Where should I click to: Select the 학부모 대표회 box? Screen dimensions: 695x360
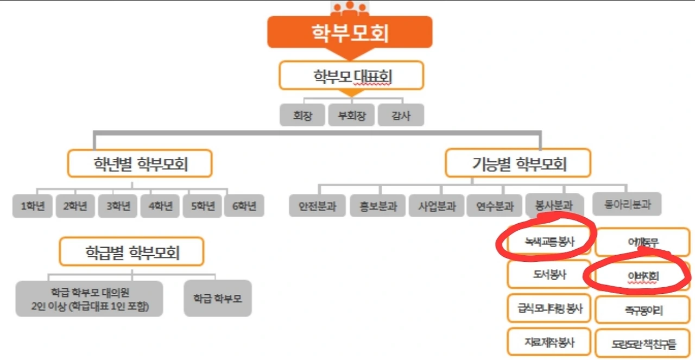[351, 75]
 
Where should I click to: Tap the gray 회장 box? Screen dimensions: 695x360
[302, 115]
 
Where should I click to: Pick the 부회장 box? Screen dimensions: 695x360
[351, 115]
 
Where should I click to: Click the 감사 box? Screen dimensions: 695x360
[401, 115]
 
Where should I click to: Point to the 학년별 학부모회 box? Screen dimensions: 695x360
[140, 163]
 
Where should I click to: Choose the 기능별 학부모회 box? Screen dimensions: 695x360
[517, 163]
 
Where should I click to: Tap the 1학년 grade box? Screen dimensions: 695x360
[32, 206]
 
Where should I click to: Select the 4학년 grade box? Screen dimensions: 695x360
[160, 206]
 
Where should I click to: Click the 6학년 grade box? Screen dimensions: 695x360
[244, 206]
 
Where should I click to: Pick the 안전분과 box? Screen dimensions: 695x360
[317, 206]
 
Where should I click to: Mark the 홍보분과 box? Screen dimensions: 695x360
[377, 206]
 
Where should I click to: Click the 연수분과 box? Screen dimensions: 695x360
[495, 206]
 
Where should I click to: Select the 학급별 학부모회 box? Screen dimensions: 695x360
[132, 252]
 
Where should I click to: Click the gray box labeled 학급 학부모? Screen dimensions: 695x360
[218, 298]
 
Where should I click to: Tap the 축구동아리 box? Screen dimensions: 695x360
[643, 310]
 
